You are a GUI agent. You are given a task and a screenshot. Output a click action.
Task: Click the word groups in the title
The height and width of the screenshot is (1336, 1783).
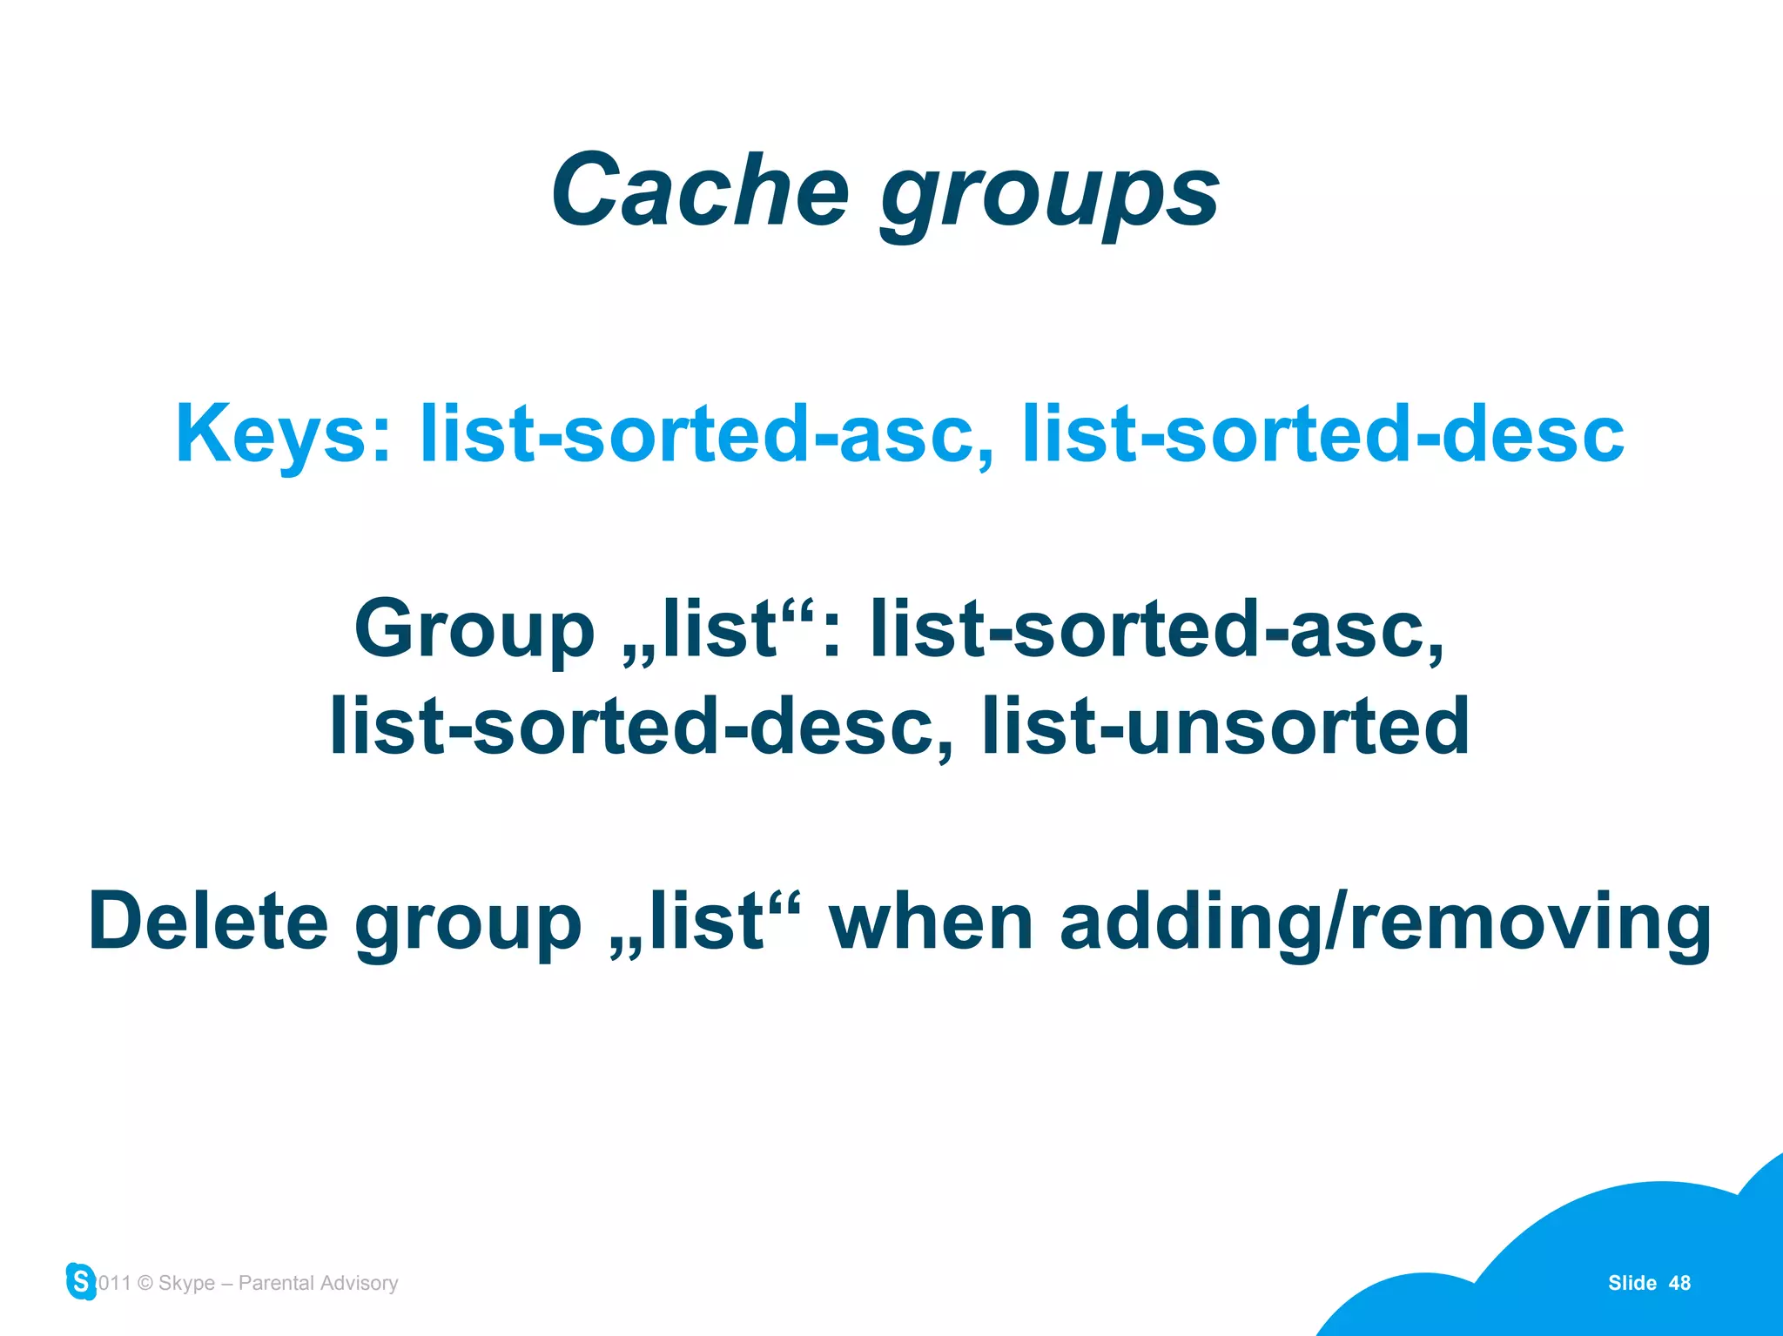click(1050, 196)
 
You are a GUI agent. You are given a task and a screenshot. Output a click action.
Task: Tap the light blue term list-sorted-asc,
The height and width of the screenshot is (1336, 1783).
click(706, 434)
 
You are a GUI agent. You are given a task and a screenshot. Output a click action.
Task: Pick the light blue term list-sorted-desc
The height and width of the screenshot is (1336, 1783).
click(1322, 434)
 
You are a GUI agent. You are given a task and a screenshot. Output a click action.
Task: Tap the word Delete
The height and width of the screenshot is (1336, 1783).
click(208, 922)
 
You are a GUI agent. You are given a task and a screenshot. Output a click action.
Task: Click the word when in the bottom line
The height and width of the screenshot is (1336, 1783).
click(931, 922)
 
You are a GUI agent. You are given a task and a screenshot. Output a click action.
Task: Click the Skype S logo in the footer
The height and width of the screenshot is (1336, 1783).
click(81, 1281)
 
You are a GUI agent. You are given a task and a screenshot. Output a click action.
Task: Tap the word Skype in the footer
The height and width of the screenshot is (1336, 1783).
click(186, 1284)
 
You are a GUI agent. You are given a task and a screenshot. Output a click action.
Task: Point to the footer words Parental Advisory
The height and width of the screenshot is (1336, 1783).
click(318, 1283)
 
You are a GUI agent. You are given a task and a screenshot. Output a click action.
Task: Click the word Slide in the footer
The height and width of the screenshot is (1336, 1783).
click(1632, 1283)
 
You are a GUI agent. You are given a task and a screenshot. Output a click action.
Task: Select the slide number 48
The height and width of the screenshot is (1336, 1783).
click(1679, 1283)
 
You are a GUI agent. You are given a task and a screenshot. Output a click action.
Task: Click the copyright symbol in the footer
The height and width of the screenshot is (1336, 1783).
click(145, 1283)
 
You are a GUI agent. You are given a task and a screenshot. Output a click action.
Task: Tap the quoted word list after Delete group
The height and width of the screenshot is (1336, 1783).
click(706, 922)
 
